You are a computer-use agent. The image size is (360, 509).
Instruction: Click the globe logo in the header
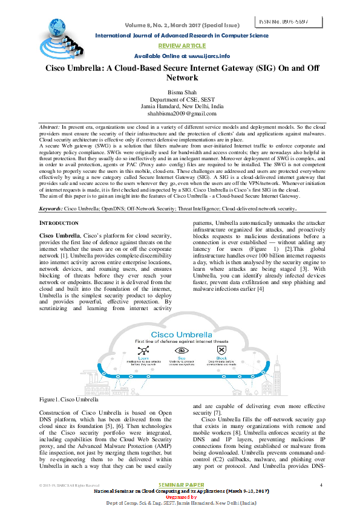point(59,28)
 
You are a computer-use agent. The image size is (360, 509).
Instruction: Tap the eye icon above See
point(180,350)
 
